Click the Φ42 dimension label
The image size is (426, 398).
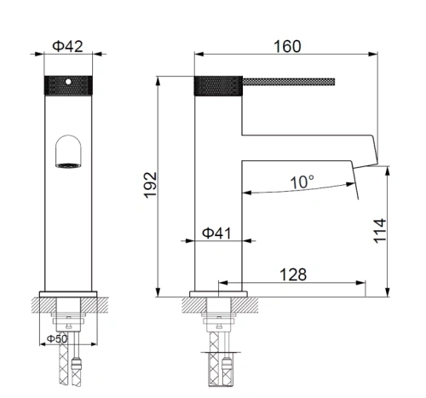click(x=67, y=48)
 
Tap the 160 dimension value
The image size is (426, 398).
click(x=285, y=47)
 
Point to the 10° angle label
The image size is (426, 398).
click(x=301, y=181)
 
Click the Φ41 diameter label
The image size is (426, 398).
click(x=217, y=233)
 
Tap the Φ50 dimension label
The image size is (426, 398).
click(x=57, y=338)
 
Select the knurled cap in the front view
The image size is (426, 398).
click(x=67, y=85)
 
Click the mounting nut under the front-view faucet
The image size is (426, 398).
click(x=68, y=322)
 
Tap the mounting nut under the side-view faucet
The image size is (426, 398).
click(x=221, y=322)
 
